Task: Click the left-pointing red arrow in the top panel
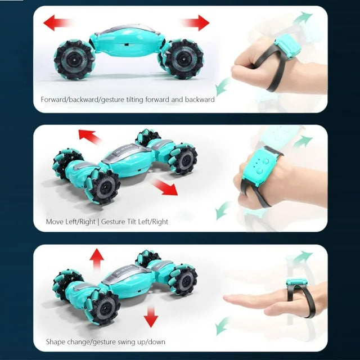coord(57,22)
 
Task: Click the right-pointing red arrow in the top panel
coord(195,22)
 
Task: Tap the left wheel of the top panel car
coord(74,60)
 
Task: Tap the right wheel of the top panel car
coord(183,59)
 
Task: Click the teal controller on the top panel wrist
coord(287,46)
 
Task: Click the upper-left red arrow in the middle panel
coord(90,137)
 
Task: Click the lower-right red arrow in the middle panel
coord(165,187)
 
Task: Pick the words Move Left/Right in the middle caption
coord(71,222)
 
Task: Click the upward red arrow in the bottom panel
coord(97,259)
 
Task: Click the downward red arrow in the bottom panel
coord(151,317)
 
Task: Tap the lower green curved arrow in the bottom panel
coord(222,326)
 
